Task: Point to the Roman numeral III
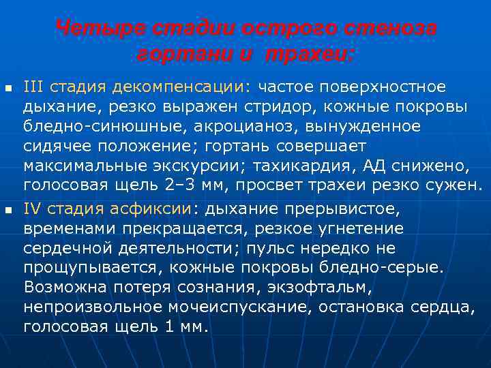coord(34,87)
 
